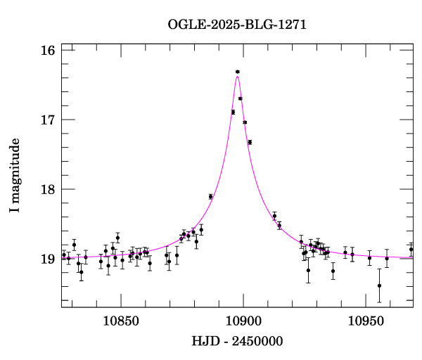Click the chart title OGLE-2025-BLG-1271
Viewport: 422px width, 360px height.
click(237, 24)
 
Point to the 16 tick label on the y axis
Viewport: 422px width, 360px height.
click(47, 51)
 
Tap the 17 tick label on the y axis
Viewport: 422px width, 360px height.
click(47, 120)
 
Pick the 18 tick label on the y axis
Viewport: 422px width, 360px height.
click(47, 190)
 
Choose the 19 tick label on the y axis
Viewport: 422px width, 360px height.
click(47, 259)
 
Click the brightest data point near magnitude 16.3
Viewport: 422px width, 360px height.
click(238, 72)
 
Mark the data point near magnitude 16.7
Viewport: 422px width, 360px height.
click(241, 98)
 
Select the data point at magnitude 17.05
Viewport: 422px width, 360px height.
click(245, 122)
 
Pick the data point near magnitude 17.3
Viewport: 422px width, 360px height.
click(250, 142)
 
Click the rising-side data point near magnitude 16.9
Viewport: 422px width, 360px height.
click(233, 112)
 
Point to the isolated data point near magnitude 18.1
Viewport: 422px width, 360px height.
click(210, 197)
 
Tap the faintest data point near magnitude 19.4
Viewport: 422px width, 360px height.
click(379, 285)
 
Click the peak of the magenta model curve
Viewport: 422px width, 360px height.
click(238, 76)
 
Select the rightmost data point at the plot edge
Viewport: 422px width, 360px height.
click(411, 250)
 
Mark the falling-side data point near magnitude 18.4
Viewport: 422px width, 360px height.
click(274, 216)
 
